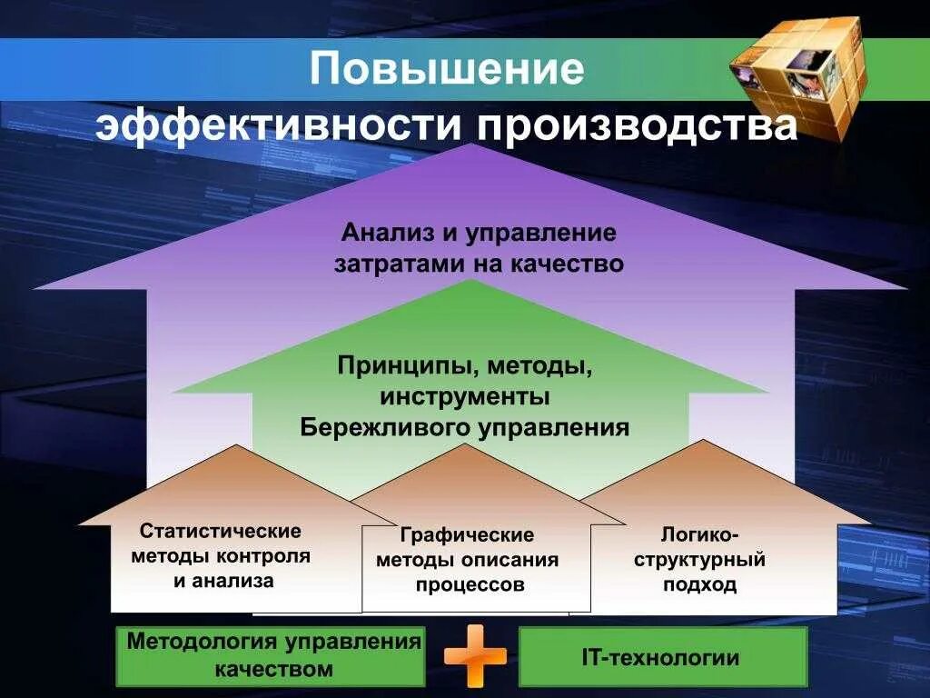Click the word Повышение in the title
pos(446,68)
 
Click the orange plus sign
pos(475,655)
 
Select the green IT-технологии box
pos(662,657)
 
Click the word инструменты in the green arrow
pos(465,397)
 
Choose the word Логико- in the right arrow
pos(699,533)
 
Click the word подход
pos(699,585)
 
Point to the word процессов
pos(470,585)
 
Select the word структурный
pos(699,559)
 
